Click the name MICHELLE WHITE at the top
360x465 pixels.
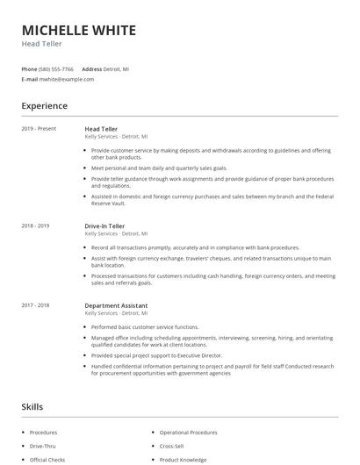(x=79, y=31)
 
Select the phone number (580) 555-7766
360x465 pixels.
(x=57, y=68)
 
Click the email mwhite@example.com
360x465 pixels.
(x=67, y=79)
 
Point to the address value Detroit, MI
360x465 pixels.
(x=117, y=68)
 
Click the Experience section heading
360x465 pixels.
(x=45, y=106)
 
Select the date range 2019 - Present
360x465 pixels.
(x=39, y=129)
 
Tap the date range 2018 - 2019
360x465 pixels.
(x=35, y=225)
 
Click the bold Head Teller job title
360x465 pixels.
(x=102, y=129)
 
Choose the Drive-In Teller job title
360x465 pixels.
(x=105, y=225)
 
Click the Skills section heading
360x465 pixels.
(x=32, y=406)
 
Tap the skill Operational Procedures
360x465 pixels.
(x=190, y=433)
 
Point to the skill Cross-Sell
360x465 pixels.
(x=172, y=446)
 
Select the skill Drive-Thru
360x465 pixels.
(x=43, y=446)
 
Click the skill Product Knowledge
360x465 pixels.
(x=184, y=460)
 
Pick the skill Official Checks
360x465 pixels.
(x=47, y=460)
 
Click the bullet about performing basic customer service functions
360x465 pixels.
(x=145, y=326)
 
